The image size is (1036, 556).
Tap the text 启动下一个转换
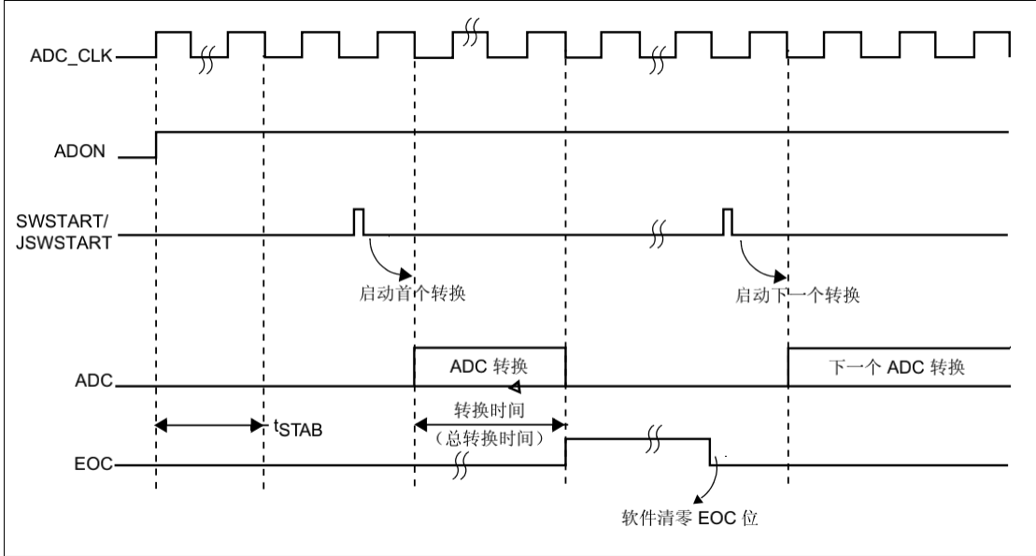click(797, 294)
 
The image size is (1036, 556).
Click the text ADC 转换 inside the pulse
click(490, 366)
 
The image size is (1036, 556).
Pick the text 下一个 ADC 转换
click(897, 366)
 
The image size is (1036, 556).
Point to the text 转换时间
click(490, 411)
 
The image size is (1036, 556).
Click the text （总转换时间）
click(490, 436)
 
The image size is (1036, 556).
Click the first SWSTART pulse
click(358, 221)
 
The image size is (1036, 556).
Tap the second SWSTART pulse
click(728, 221)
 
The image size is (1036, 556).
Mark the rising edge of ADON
click(156, 146)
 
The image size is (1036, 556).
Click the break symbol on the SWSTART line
click(657, 234)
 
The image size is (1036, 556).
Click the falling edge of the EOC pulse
click(710, 451)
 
